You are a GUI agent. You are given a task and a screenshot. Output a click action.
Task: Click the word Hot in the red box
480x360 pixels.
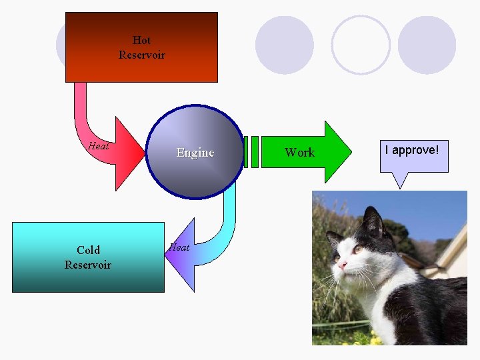tap(141, 40)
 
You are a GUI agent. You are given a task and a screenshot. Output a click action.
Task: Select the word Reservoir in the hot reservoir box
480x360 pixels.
tap(141, 55)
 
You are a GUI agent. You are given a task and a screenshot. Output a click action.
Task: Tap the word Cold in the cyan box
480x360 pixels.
tap(88, 250)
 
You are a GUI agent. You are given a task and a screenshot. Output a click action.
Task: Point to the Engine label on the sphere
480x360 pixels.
tap(195, 153)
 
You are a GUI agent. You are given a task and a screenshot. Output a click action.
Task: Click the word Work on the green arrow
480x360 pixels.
tap(299, 153)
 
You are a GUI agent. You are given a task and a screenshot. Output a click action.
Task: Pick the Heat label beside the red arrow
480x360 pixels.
tap(99, 146)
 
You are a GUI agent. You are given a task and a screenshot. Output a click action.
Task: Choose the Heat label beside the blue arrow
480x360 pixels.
tap(179, 247)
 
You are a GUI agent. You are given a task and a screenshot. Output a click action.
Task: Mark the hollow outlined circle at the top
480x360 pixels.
tap(361, 45)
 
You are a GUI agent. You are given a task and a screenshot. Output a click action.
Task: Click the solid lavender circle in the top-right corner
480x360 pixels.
tap(427, 45)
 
